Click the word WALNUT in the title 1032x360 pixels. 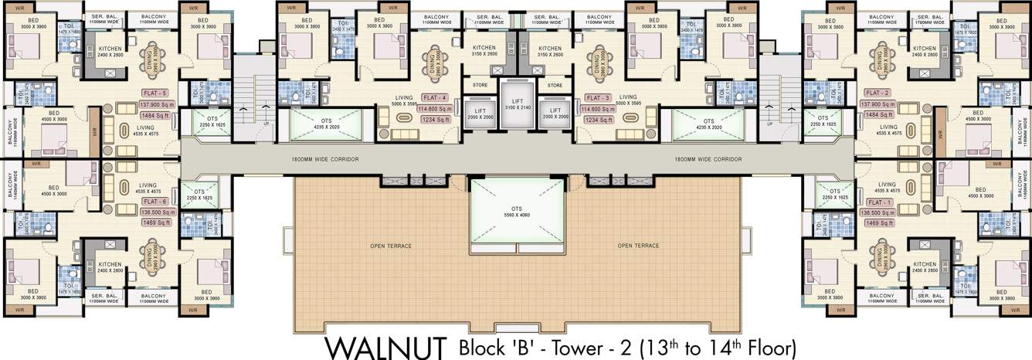386,345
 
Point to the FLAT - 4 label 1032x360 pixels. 435,98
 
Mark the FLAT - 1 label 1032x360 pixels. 878,201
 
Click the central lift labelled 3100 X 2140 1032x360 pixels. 516,104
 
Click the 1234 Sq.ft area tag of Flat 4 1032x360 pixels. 435,120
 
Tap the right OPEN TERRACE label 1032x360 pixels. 638,246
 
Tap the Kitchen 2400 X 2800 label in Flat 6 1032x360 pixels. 110,267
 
